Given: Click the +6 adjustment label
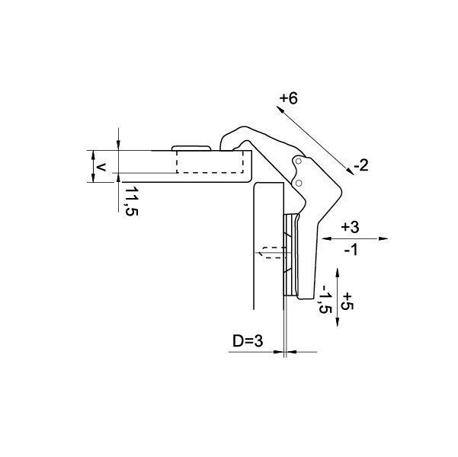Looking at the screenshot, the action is coord(289,98).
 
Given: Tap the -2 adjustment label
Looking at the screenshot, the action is coord(361,166).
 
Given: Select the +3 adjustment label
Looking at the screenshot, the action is coord(351,227).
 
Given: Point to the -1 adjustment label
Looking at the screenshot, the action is coord(351,250).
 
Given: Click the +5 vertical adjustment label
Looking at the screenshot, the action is coord(348,301).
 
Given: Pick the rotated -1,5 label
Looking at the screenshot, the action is coord(325,299).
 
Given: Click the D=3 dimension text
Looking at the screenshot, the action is coord(248,340).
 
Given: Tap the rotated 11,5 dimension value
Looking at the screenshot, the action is coord(131,201).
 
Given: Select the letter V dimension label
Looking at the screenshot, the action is coord(101,168).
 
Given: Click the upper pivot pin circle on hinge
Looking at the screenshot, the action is coord(298,161).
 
